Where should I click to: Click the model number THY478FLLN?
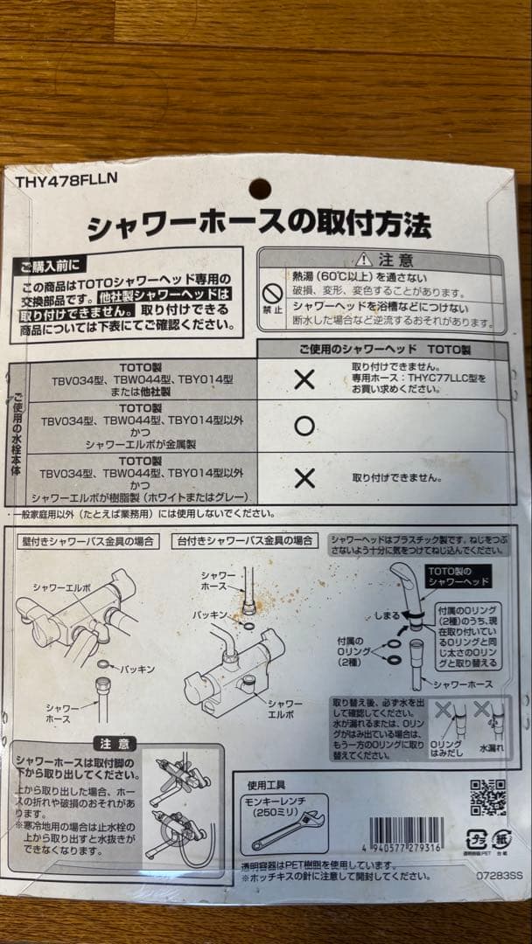(66, 181)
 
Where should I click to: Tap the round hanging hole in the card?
(260, 188)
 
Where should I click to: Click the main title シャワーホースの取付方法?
(259, 226)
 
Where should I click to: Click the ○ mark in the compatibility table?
(304, 426)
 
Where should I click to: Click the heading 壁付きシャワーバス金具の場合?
(88, 541)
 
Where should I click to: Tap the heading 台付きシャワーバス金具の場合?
(245, 541)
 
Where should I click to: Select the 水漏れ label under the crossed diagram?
(487, 749)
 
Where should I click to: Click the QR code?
(487, 795)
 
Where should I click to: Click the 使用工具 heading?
(267, 784)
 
